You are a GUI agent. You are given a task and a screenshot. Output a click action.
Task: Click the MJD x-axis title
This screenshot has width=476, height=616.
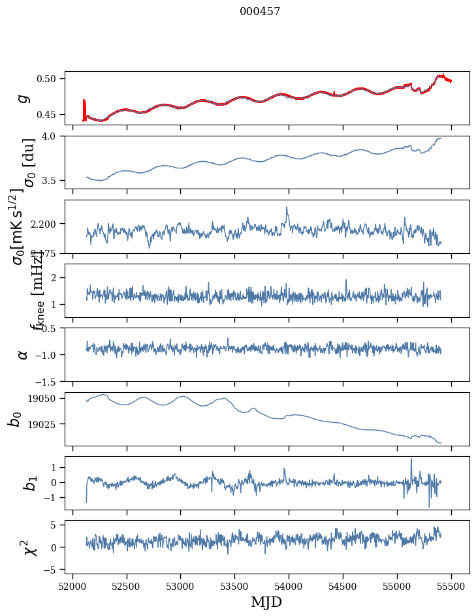266,602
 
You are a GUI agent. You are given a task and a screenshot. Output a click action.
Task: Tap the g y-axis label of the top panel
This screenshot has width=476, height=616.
24,98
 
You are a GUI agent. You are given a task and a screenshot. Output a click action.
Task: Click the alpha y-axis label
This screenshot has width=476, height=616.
24,354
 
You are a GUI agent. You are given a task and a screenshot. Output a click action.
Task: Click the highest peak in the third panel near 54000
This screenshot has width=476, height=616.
287,208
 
